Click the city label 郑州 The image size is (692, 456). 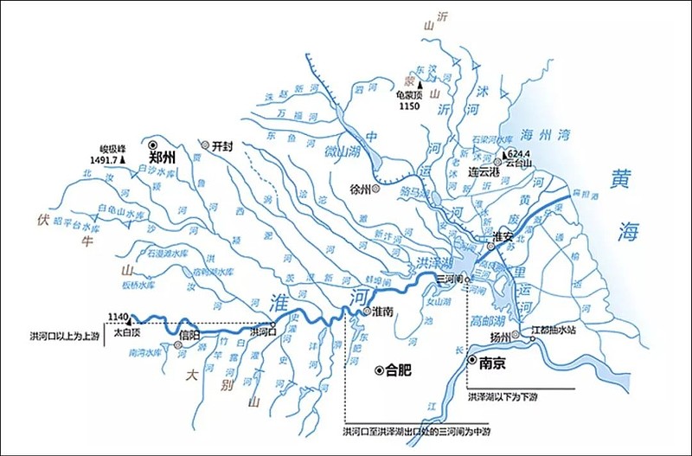(162, 158)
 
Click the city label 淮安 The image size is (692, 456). (504, 235)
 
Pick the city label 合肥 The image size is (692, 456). (398, 369)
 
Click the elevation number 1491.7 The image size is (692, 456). (106, 159)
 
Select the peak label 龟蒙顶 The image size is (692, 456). (409, 95)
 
